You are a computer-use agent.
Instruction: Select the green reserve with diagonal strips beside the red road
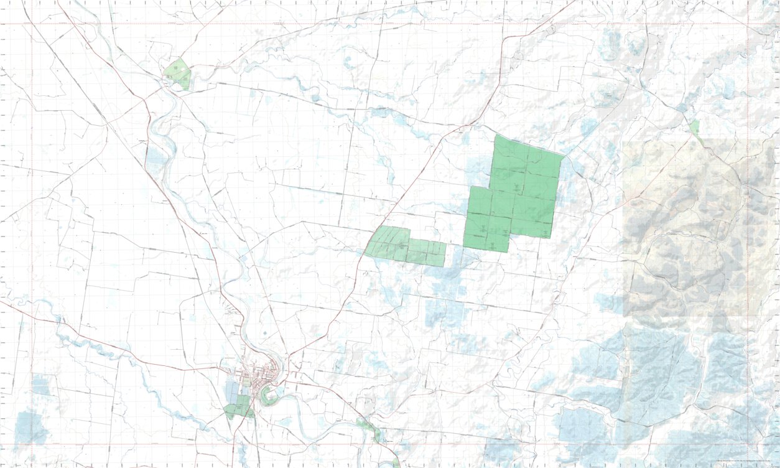[x=391, y=243]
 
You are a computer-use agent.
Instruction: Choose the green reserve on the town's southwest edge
[x=237, y=410]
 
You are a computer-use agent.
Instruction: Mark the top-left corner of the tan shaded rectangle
[x=623, y=139]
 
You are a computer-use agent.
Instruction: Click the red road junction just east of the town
[x=288, y=356]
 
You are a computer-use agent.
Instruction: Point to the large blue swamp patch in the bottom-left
[x=31, y=428]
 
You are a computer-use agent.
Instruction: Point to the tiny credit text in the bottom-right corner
[x=746, y=461]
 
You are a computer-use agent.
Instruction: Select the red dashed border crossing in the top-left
[x=32, y=24]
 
